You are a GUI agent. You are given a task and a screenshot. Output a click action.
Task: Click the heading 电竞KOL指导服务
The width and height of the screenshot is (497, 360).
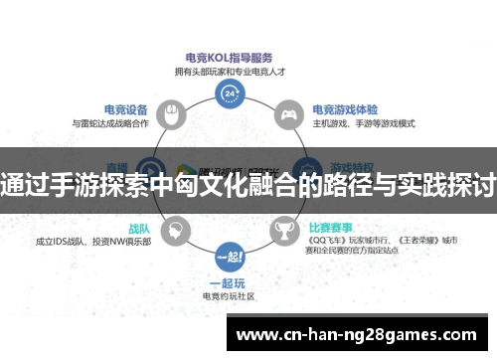pyautogui.click(x=230, y=58)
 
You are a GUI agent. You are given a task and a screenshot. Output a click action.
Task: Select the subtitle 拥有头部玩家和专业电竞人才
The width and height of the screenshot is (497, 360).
pyautogui.click(x=230, y=72)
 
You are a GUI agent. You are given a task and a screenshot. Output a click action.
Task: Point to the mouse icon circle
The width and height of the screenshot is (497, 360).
pyautogui.click(x=172, y=116)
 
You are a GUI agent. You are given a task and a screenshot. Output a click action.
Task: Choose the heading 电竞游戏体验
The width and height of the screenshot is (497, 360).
pyautogui.click(x=344, y=110)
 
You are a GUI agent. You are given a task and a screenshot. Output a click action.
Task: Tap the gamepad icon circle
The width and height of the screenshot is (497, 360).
pyautogui.click(x=288, y=116)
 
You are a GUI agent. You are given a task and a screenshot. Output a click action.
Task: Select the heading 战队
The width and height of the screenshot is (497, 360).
pyautogui.click(x=139, y=227)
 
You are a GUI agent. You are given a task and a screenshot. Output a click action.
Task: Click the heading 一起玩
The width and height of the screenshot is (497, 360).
pyautogui.click(x=230, y=282)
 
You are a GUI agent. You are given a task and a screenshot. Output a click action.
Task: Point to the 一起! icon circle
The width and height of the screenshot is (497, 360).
pyautogui.click(x=230, y=256)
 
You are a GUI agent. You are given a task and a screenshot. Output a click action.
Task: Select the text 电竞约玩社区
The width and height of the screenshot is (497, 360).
pyautogui.click(x=230, y=296)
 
